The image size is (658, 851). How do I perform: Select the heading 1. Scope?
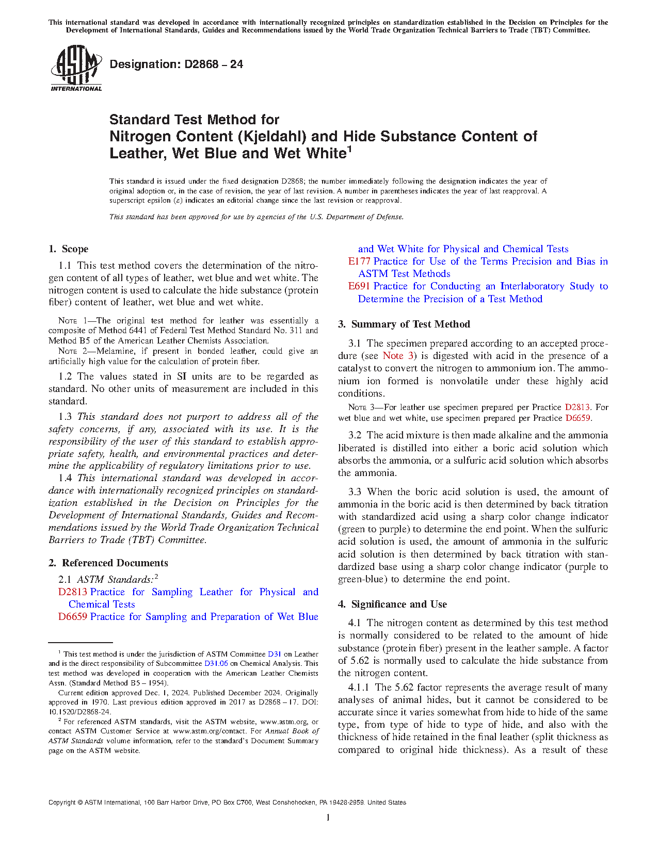(x=69, y=249)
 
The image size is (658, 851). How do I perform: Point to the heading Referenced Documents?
(x=115, y=563)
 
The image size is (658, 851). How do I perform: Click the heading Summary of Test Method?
(x=410, y=324)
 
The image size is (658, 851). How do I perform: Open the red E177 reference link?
(x=359, y=261)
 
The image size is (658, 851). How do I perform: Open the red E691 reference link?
(x=359, y=286)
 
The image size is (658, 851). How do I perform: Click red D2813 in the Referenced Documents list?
(x=72, y=592)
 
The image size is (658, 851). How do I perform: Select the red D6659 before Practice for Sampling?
(x=72, y=617)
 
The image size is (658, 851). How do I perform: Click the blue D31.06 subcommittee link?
(x=216, y=664)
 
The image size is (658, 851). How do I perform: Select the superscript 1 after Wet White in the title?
(x=349, y=149)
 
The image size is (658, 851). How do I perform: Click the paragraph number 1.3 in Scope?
(x=65, y=417)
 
